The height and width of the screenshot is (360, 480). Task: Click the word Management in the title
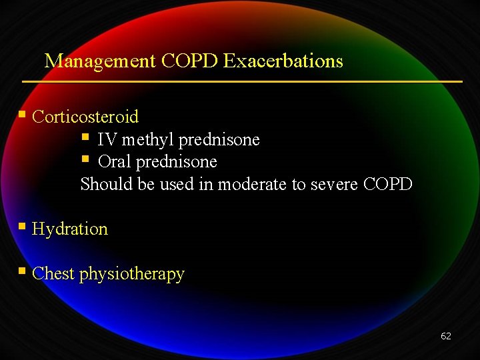pos(100,61)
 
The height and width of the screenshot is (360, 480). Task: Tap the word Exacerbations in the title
pos(283,61)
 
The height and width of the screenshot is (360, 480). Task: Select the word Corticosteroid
pos(85,117)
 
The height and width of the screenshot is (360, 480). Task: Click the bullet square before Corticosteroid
pos(23,115)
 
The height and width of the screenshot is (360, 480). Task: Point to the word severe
pos(335,184)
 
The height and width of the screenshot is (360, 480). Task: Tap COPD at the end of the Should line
pos(389,184)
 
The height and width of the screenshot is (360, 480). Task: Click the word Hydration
pos(70,229)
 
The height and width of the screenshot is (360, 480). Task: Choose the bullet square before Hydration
pos(23,227)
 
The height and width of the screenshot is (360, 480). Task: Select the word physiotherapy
pos(132,274)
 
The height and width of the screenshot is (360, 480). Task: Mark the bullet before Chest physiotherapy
pos(23,271)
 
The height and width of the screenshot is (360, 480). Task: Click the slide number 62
pos(445,336)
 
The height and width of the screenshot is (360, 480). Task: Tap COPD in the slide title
pos(190,61)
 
